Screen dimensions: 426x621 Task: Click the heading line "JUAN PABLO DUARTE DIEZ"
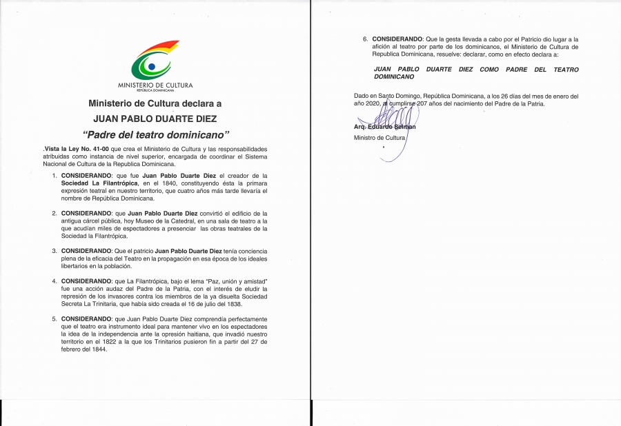(x=155, y=118)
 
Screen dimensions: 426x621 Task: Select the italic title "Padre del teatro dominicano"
(x=155, y=134)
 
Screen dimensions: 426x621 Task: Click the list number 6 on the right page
(x=366, y=39)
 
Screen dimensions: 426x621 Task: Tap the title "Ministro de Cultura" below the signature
(x=380, y=138)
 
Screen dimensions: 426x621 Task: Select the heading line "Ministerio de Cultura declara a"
(x=155, y=103)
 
